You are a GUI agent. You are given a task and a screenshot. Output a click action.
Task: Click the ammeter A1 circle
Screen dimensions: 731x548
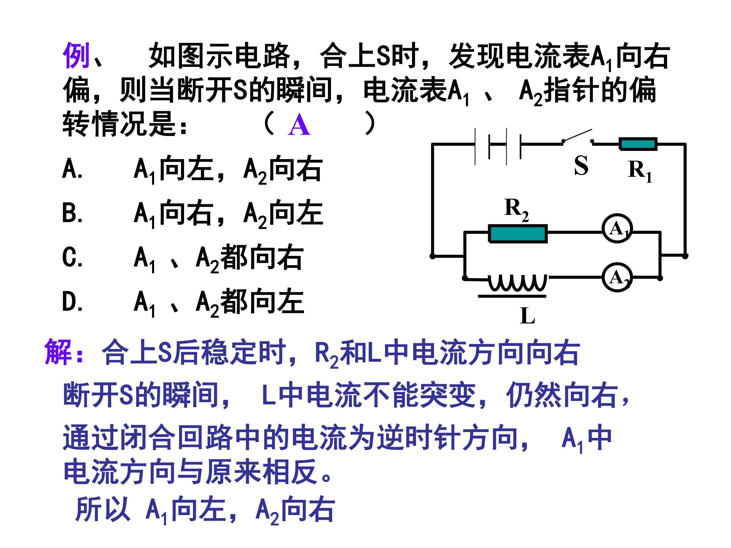617,228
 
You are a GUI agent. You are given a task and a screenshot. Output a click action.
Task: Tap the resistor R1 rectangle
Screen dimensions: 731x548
638,144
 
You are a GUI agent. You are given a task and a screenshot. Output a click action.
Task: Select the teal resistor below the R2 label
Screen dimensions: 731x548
518,234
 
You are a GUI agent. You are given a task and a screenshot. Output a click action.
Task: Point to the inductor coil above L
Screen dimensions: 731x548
518,283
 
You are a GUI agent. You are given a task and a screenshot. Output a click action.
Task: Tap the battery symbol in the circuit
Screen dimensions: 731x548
498,146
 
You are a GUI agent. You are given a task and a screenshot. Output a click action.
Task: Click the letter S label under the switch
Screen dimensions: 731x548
581,165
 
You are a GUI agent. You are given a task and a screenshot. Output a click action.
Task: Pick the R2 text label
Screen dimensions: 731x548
517,209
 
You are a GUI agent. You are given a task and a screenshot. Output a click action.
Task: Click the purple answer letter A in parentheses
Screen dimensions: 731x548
299,125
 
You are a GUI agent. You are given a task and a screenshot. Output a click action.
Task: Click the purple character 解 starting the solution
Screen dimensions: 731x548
58,352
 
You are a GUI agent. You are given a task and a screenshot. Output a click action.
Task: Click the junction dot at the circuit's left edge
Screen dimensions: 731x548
432,256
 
